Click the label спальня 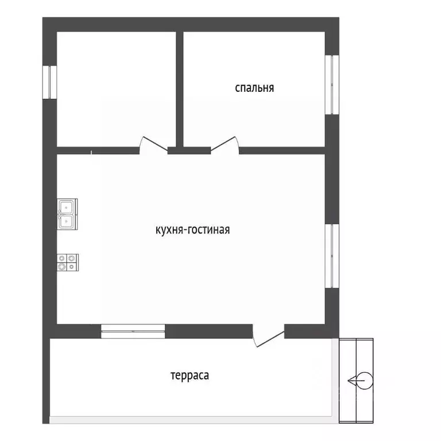(254, 88)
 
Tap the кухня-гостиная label (193, 230)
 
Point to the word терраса (190, 376)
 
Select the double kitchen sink (67, 214)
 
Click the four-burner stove (68, 262)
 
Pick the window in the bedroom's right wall (332, 84)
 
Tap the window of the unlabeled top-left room (50, 82)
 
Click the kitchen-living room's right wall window (332, 256)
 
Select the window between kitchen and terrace (133, 331)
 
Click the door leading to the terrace (269, 335)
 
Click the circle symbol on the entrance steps (365, 381)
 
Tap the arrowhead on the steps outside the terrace (350, 381)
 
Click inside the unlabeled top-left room (116, 89)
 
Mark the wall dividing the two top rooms (180, 89)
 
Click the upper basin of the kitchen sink (67, 207)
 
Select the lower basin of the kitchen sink (67, 221)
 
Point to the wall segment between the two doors (189, 150)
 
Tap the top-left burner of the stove (62, 258)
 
